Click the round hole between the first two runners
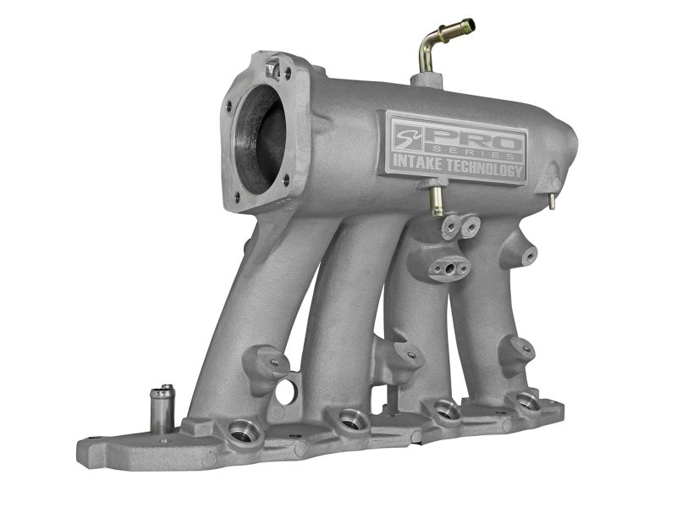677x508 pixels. coord(286,391)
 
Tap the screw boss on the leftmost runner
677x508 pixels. coord(274,363)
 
